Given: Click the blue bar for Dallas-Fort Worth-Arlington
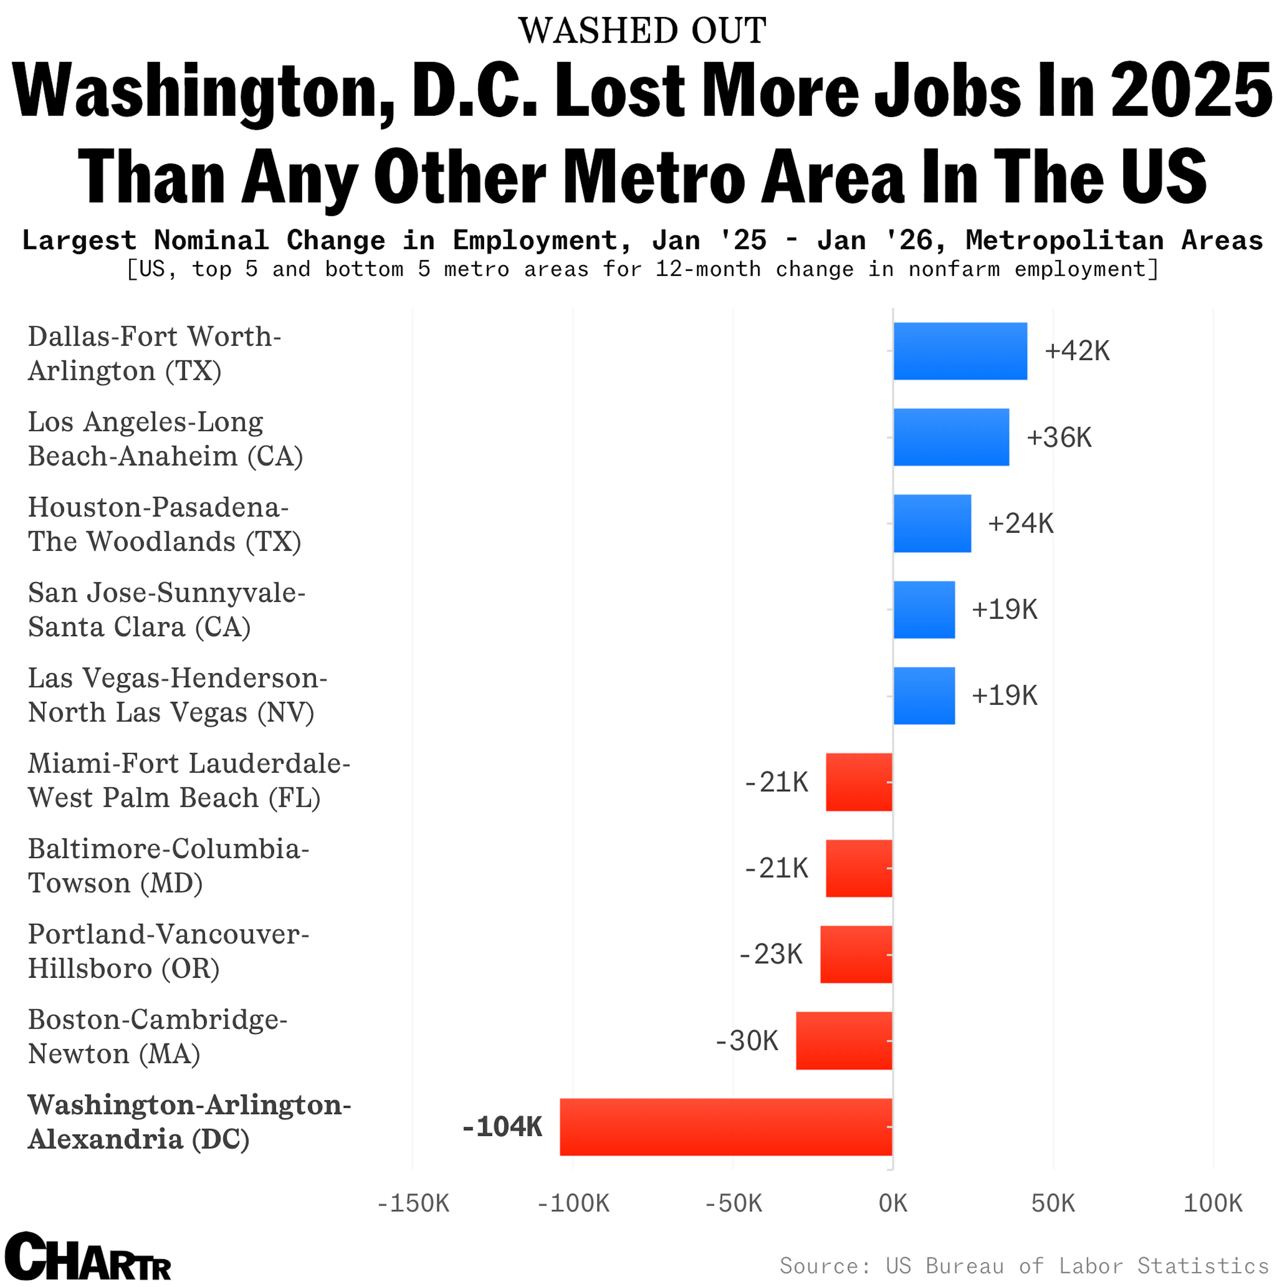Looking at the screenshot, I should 960,351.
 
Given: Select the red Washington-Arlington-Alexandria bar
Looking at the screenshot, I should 726,1126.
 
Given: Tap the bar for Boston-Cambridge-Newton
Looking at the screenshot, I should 844,1041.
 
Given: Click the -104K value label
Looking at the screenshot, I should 502,1126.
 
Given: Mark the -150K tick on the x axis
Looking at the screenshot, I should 413,1203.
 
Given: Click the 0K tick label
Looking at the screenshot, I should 893,1203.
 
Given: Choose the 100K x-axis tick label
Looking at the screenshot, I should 1212,1203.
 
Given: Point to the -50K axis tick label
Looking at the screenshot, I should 733,1203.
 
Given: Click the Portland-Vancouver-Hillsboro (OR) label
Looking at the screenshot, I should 169,951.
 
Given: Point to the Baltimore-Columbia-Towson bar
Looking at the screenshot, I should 859,868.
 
